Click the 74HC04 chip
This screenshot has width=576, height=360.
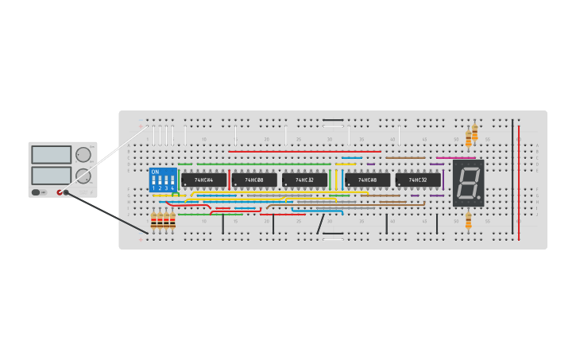(x=203, y=180)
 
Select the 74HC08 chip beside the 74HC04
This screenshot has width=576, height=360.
(x=254, y=180)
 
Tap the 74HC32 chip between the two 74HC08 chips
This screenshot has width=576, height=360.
(x=304, y=180)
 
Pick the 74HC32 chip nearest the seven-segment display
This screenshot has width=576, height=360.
(x=418, y=180)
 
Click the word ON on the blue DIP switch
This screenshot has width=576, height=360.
(x=154, y=172)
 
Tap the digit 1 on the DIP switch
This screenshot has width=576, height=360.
(x=153, y=188)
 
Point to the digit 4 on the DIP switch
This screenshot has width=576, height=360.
(x=172, y=188)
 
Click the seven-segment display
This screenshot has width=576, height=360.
(x=468, y=183)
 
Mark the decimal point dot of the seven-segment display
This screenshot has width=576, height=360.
(x=479, y=197)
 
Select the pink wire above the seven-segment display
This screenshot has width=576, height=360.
(x=455, y=157)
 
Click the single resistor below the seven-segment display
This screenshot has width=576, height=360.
(x=468, y=220)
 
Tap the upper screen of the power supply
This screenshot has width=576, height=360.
(x=51, y=154)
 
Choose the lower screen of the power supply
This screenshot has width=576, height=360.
(x=51, y=174)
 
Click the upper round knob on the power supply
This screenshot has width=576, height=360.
(x=83, y=154)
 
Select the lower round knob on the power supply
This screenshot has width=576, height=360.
(x=83, y=176)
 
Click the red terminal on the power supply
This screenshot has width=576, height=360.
(x=60, y=192)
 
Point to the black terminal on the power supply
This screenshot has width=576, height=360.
(x=67, y=192)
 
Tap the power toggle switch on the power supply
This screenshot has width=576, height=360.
(x=37, y=192)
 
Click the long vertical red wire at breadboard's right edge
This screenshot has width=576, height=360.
(x=519, y=183)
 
